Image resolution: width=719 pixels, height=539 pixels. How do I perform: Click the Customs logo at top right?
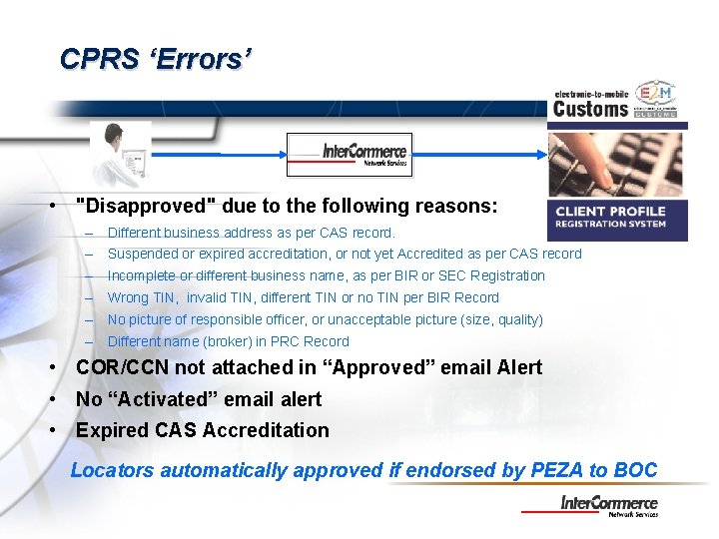615,101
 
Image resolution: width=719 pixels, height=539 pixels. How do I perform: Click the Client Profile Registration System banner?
619,217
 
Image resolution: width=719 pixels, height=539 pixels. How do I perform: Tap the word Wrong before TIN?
128,297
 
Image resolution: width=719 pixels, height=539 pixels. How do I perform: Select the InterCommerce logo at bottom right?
608,505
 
